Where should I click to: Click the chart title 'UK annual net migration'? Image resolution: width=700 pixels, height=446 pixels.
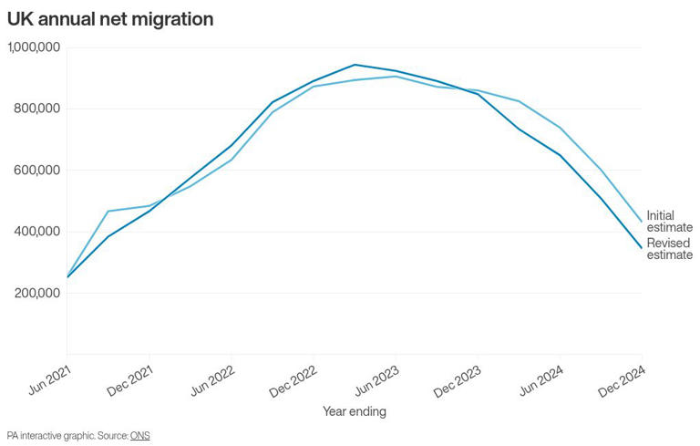(110, 19)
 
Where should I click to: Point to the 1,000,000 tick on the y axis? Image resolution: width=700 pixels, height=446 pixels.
(34, 47)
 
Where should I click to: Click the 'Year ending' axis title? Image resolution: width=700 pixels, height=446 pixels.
(355, 411)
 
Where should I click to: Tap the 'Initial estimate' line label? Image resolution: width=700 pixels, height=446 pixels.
(669, 222)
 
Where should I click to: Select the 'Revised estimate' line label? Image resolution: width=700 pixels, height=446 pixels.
(669, 249)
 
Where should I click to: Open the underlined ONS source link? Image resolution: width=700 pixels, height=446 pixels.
(139, 436)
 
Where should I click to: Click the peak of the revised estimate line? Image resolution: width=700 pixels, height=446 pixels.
(355, 65)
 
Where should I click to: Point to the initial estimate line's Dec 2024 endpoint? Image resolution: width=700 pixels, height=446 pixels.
(642, 222)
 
